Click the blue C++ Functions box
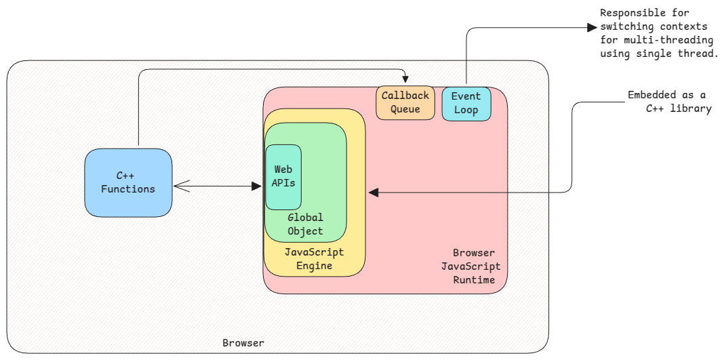[128, 183]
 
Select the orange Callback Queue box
[405, 103]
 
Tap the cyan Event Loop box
[466, 103]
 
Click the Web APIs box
[283, 176]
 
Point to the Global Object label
[305, 224]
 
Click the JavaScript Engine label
[314, 259]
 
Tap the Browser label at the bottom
[243, 343]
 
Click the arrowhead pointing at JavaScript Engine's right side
[374, 193]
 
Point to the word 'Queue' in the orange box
[405, 109]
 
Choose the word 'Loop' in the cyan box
[466, 110]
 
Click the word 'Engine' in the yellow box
[314, 266]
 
